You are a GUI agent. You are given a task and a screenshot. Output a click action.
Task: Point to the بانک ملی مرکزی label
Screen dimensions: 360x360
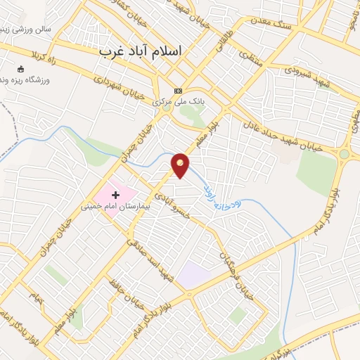pos(179,102)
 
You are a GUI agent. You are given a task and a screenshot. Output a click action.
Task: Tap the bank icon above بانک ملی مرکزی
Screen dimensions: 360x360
pos(178,91)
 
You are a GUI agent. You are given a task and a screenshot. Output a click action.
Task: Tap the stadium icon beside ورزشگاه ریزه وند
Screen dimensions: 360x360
pos(19,70)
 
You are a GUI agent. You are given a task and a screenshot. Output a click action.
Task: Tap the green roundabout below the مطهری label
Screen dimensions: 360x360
pos(344,154)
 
